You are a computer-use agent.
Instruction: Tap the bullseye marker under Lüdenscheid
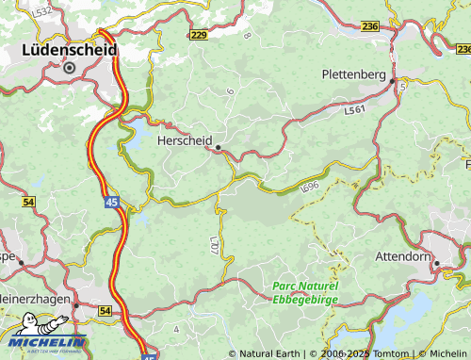click(x=69, y=67)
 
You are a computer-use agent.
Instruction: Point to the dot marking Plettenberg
click(x=393, y=81)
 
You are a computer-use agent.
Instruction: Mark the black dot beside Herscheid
click(x=218, y=147)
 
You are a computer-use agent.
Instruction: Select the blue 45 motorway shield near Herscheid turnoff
click(x=112, y=203)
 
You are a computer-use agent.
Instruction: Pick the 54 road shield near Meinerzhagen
click(x=104, y=310)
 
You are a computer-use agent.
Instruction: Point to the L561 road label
click(x=354, y=110)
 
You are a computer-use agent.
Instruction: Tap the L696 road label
click(x=309, y=188)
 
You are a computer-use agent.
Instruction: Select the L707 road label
click(x=214, y=248)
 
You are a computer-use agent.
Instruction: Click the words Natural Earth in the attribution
click(x=269, y=353)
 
